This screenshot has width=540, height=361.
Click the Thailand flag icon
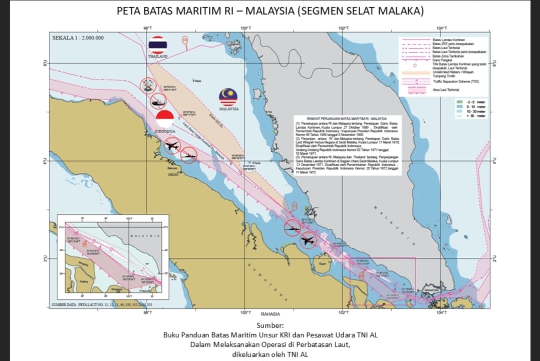[158, 45]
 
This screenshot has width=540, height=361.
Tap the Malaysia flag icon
[228, 97]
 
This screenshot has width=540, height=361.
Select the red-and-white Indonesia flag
[164, 119]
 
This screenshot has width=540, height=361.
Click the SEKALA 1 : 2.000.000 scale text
[78, 38]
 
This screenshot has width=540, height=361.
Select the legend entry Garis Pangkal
[440, 60]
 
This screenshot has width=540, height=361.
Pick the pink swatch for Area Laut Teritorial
[414, 90]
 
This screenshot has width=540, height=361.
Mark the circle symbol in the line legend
[414, 65]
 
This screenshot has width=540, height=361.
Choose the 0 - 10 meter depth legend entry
[475, 107]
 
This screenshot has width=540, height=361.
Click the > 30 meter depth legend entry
[475, 116]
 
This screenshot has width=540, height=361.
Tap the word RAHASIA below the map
[270, 313]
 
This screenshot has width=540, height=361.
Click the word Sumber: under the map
[270, 326]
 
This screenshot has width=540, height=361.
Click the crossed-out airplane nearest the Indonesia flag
[171, 146]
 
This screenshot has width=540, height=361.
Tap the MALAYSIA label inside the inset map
[144, 235]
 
